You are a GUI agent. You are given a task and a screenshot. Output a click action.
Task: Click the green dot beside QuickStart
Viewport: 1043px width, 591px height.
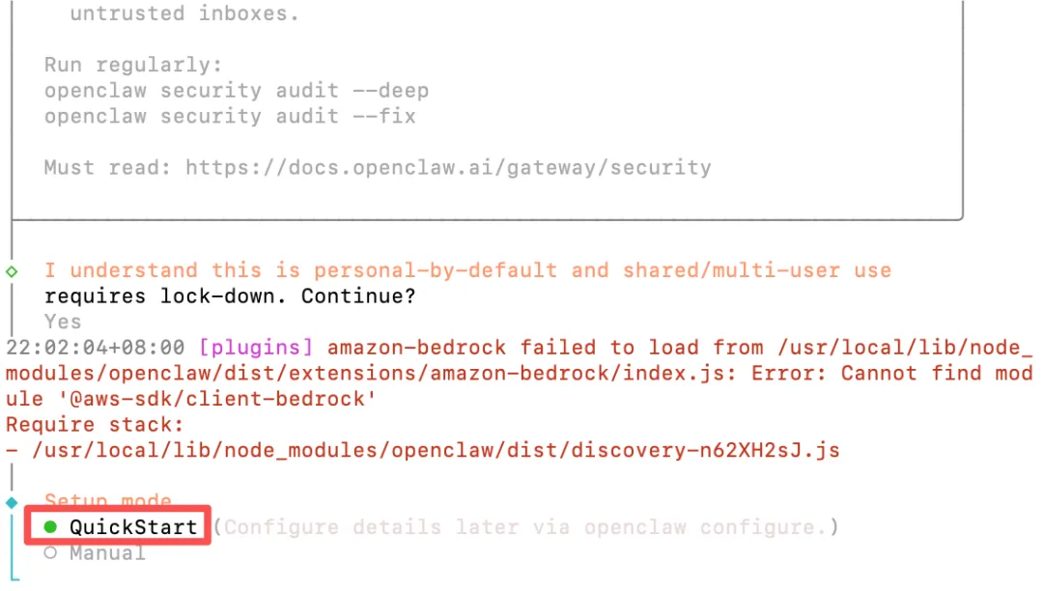click(50, 527)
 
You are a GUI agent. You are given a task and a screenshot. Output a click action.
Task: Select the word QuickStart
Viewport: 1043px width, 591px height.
click(133, 527)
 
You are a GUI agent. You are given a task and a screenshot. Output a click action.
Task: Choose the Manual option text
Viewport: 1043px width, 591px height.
click(107, 553)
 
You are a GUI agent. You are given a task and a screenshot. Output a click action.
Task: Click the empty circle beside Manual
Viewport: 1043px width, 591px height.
click(50, 553)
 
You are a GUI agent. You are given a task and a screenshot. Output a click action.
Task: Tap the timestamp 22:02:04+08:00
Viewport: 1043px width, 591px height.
click(96, 348)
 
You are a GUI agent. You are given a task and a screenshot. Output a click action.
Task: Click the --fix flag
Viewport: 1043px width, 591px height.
click(383, 117)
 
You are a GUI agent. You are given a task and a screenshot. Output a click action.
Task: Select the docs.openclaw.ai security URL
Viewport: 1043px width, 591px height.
click(448, 168)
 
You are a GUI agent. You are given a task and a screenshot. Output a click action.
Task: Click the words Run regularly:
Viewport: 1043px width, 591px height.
click(133, 66)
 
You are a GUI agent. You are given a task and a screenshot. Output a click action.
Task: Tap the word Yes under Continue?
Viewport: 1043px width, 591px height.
click(63, 322)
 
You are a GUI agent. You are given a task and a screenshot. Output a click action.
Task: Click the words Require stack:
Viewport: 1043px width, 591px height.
click(95, 425)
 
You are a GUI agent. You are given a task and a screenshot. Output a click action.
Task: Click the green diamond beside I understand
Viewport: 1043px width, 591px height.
click(12, 271)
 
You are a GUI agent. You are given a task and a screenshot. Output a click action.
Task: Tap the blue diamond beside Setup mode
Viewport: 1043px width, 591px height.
click(12, 502)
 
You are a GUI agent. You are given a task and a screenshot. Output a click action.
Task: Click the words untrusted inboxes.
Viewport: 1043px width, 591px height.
click(184, 14)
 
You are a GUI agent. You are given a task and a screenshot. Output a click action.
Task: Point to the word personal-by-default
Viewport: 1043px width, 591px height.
click(436, 271)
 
